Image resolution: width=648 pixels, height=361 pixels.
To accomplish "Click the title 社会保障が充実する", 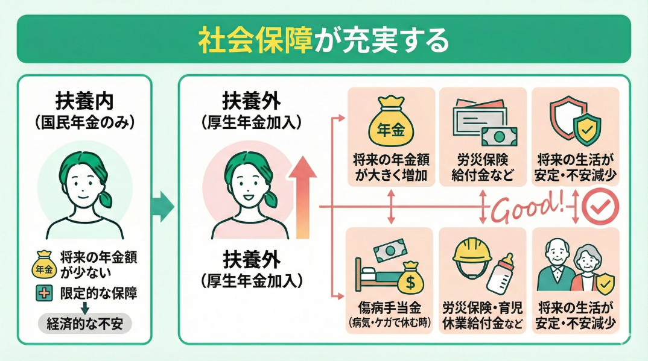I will [x=324, y=39].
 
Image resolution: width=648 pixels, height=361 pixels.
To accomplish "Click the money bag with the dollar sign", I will [x=411, y=277].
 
